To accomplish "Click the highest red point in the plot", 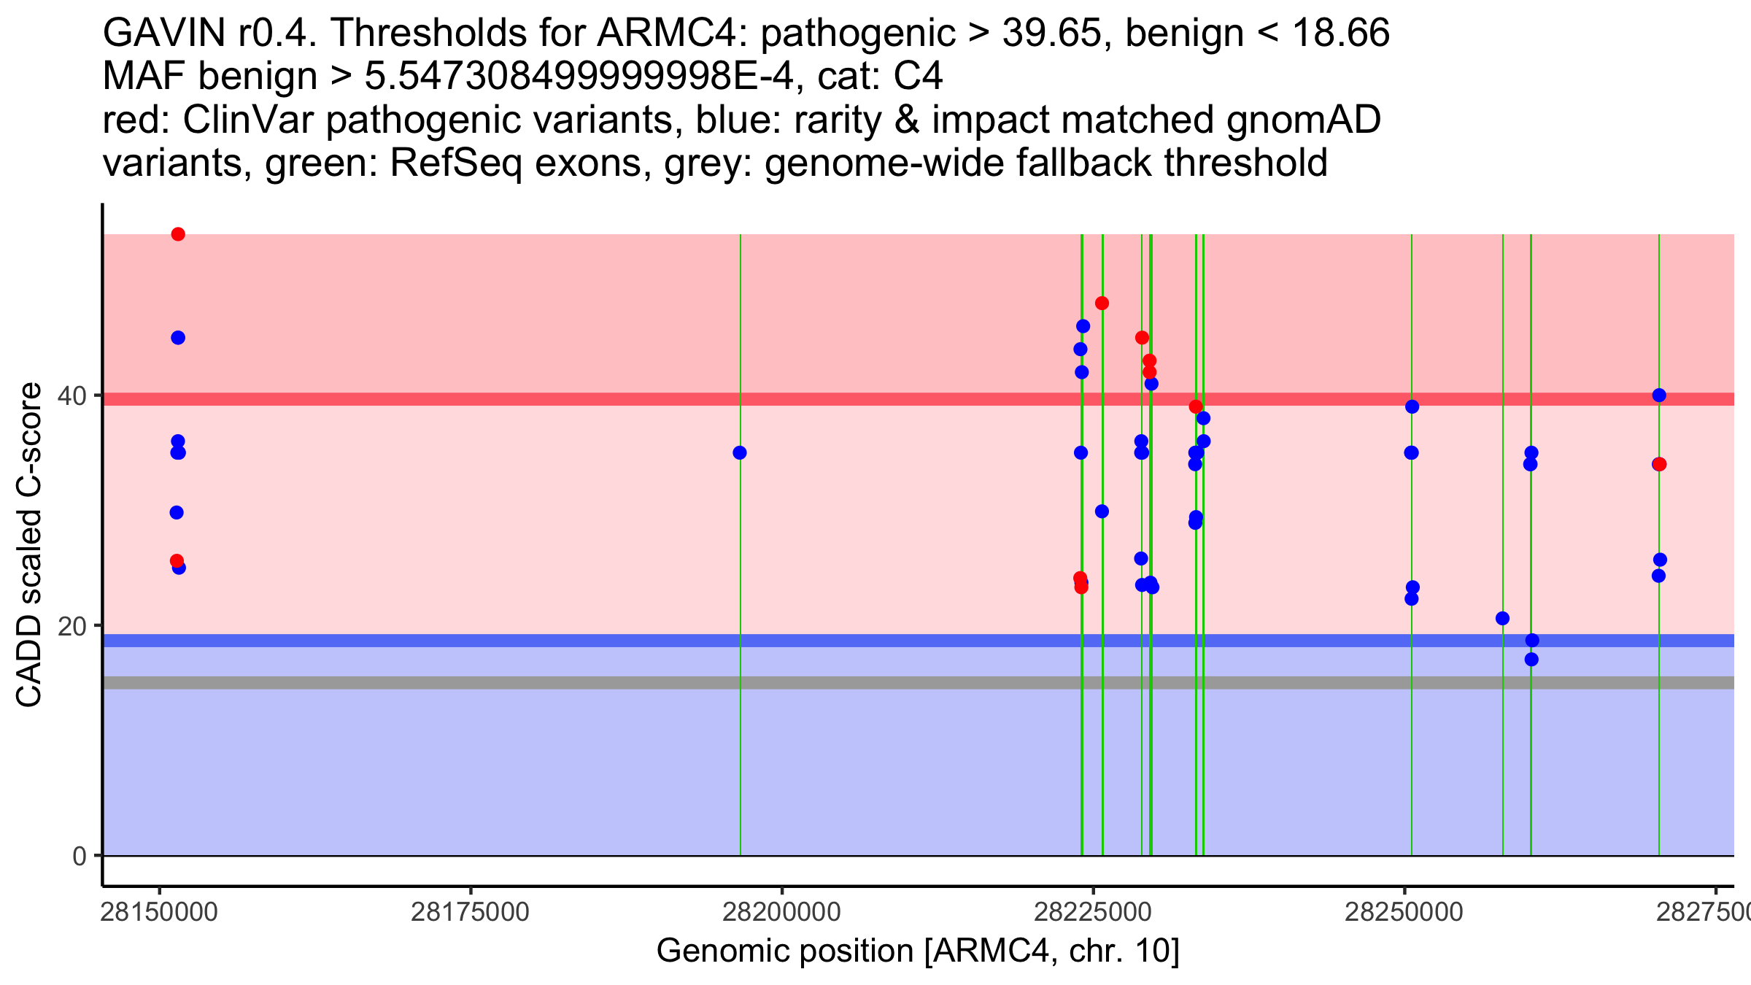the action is pyautogui.click(x=178, y=234).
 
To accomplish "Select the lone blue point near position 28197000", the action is pyautogui.click(x=740, y=453).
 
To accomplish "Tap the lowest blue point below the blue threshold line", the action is pyautogui.click(x=1531, y=660).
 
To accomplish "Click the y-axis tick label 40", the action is pyautogui.click(x=73, y=396).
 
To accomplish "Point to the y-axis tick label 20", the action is pyautogui.click(x=73, y=626).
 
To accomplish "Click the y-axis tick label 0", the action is pyautogui.click(x=80, y=856).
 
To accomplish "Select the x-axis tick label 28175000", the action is pyautogui.click(x=470, y=912).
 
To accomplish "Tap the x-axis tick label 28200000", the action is pyautogui.click(x=782, y=912).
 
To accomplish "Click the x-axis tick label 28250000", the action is pyautogui.click(x=1404, y=912).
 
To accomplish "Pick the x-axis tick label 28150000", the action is pyautogui.click(x=159, y=912).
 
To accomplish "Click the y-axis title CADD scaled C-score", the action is pyautogui.click(x=29, y=545).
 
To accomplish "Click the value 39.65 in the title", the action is pyautogui.click(x=1051, y=33).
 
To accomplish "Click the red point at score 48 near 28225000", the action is pyautogui.click(x=1102, y=304).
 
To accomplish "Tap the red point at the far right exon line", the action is pyautogui.click(x=1659, y=465).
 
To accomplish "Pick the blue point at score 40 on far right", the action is pyautogui.click(x=1659, y=395).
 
